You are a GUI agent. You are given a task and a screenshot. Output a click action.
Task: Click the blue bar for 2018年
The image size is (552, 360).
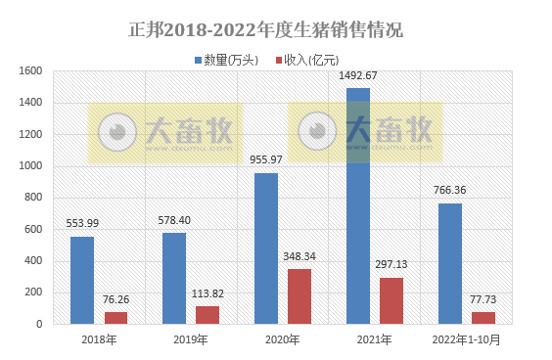(82, 280)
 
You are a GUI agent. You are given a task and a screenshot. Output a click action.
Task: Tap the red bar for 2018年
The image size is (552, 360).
(115, 317)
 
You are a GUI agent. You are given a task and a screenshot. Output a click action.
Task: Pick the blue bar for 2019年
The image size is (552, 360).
(174, 278)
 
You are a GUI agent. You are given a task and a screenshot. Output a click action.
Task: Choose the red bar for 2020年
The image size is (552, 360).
(299, 295)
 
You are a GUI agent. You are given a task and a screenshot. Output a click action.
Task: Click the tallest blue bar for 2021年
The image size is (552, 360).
(358, 205)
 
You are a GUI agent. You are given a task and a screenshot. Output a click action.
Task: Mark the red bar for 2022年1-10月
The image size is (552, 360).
(483, 317)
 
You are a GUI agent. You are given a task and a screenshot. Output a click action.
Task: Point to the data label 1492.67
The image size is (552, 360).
(358, 76)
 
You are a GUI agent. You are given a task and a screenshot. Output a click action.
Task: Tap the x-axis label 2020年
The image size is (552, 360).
(283, 339)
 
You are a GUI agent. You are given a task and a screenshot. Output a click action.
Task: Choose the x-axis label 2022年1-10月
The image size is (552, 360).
(466, 339)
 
